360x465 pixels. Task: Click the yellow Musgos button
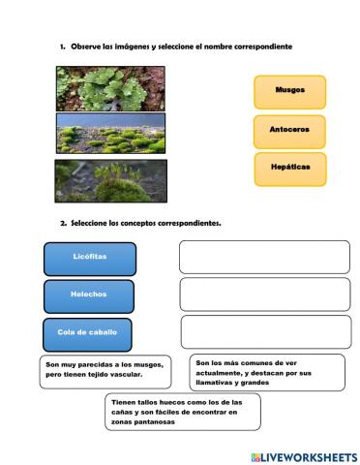point(289,90)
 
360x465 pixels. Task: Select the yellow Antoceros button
point(289,129)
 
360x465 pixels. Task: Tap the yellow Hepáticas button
point(289,168)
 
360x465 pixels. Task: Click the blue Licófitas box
point(90,259)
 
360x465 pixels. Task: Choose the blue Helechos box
point(89,294)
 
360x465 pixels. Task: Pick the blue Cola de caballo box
point(88,332)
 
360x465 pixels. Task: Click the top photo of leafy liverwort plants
point(98,87)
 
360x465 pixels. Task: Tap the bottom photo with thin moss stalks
point(98,179)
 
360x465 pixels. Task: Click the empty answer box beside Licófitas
point(264,257)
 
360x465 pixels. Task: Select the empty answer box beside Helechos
point(264,294)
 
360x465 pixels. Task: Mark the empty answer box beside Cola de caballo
point(264,331)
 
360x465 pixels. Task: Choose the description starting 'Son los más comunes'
point(267,372)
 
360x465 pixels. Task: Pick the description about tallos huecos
point(183,411)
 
